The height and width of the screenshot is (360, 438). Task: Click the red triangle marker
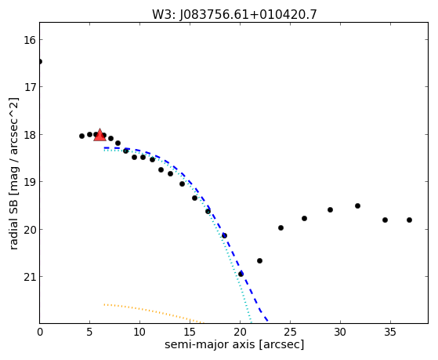click(x=100, y=135)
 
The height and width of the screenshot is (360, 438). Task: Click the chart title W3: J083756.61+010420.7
click(x=234, y=15)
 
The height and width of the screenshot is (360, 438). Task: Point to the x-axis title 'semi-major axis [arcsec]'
click(x=234, y=344)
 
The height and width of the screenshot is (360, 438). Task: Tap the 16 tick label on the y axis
click(x=30, y=40)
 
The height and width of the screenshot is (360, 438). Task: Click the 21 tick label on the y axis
click(x=30, y=277)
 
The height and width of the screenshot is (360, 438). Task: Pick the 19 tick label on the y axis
click(x=30, y=182)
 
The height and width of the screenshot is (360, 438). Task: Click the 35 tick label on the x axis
click(x=390, y=333)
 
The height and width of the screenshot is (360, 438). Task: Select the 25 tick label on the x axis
click(x=290, y=333)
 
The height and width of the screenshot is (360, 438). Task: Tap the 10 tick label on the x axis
click(x=139, y=333)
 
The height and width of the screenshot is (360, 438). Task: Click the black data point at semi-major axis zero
click(x=40, y=61)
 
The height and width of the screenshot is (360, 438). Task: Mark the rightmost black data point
click(x=409, y=220)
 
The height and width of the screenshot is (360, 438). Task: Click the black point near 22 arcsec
click(x=259, y=261)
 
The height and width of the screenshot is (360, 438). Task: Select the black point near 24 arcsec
click(x=281, y=228)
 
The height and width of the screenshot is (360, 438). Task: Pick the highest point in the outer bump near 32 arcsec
click(x=357, y=205)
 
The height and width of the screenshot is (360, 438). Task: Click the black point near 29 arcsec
click(x=330, y=209)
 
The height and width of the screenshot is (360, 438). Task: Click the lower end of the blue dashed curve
click(x=268, y=321)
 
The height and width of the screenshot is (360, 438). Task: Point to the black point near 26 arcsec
click(x=304, y=219)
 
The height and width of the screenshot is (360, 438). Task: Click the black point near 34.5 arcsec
click(x=385, y=220)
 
